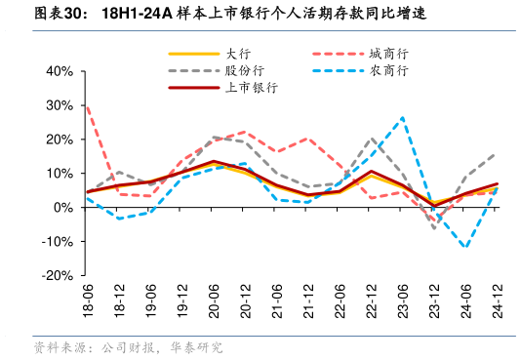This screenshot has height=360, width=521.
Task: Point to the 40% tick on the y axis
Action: click(60, 71)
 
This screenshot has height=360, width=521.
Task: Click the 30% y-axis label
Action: click(60, 105)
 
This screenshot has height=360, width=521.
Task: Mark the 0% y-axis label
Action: click(63, 208)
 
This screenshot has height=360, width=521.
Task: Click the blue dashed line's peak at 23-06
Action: click(403, 117)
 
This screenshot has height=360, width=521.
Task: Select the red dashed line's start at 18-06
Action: click(88, 106)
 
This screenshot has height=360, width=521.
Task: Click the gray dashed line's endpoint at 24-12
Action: click(497, 153)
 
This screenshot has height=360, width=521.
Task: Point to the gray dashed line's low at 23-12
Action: click(434, 228)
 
